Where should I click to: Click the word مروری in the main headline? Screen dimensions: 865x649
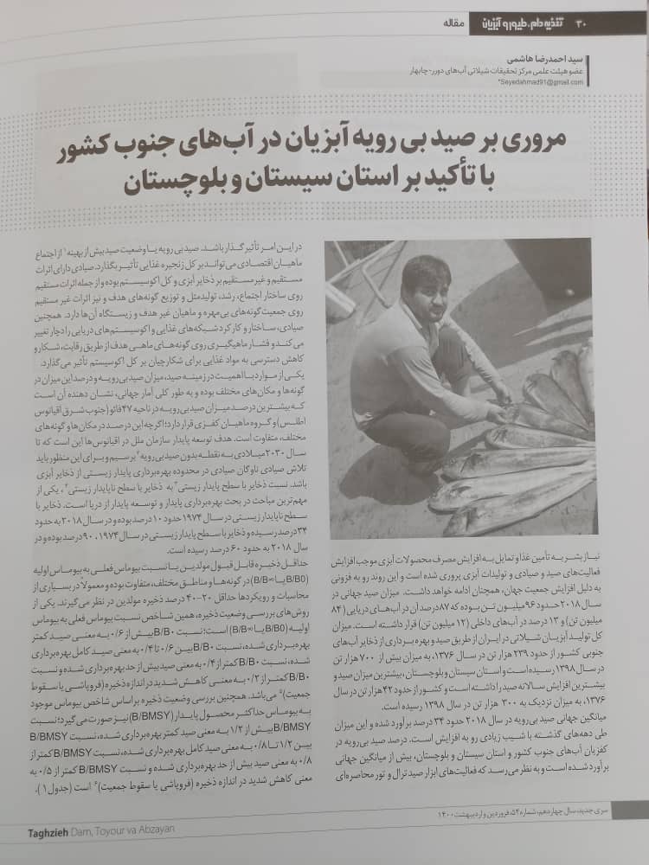click(x=549, y=147)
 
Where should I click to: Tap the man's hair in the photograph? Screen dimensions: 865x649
click(x=426, y=266)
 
